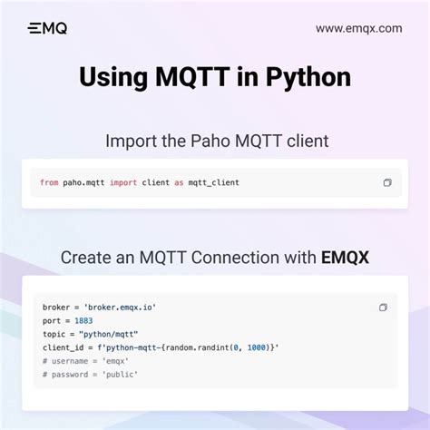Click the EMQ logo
coord(47,28)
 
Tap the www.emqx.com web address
coord(358,28)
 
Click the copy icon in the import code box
coord(387,183)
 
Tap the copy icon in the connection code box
coord(383,308)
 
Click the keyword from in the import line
coord(49,183)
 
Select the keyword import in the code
coord(123,183)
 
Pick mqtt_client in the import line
coord(213,183)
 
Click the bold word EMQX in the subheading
coord(345,258)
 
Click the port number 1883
coord(83,320)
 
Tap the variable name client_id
coord(62,347)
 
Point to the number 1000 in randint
coord(257,347)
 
